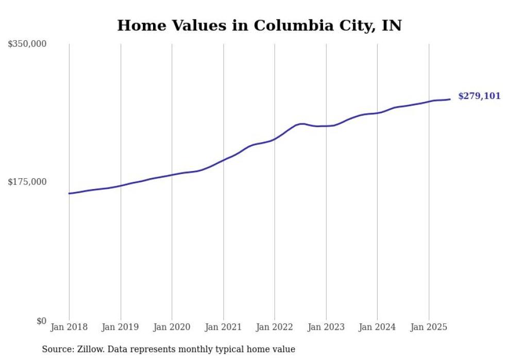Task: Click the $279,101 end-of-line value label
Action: coord(479,96)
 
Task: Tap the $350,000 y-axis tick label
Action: coord(27,44)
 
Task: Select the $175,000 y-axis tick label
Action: coord(27,182)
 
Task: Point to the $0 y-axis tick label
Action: coord(41,321)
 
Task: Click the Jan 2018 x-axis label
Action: coord(69,327)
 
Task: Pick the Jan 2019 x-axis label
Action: coord(121,327)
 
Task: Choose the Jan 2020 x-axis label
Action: coord(172,327)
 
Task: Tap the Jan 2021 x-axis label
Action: coord(223,327)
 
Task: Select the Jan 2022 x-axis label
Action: coord(275,327)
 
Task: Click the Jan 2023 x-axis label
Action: coord(326,327)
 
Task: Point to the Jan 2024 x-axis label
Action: coord(377,327)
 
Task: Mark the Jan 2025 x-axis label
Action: coord(429,327)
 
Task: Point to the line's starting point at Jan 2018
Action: coord(69,194)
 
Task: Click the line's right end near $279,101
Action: coord(450,99)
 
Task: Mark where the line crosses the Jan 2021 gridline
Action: coord(223,160)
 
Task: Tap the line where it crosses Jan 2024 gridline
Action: coord(377,113)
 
